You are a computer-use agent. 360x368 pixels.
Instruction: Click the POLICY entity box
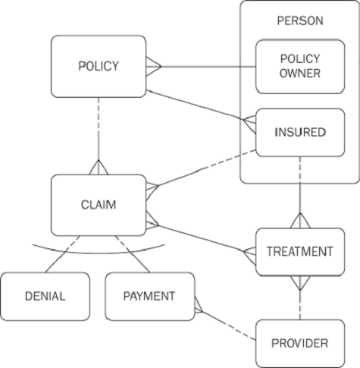click(x=99, y=66)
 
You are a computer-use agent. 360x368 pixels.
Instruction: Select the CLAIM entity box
click(x=99, y=205)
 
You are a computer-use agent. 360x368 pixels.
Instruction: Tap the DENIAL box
click(x=45, y=297)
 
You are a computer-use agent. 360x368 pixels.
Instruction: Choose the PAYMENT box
click(x=150, y=297)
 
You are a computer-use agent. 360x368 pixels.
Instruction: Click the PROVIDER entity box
click(x=300, y=344)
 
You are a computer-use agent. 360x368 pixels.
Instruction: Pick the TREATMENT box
click(x=300, y=252)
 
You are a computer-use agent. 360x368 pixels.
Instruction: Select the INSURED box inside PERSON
click(x=300, y=133)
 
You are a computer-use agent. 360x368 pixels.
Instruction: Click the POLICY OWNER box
click(x=300, y=67)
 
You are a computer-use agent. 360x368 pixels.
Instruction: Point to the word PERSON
click(x=300, y=20)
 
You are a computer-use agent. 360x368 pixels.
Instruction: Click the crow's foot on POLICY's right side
click(x=153, y=67)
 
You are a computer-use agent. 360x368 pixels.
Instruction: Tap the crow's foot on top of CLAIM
click(x=99, y=167)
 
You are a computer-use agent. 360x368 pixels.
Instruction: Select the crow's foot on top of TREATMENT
click(x=300, y=221)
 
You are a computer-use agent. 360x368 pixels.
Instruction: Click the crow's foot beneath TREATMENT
click(x=300, y=282)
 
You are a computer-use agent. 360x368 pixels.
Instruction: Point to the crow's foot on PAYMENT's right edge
click(x=199, y=305)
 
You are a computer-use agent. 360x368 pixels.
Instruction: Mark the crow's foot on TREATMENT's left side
click(x=249, y=256)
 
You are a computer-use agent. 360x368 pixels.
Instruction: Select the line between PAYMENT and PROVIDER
click(x=229, y=326)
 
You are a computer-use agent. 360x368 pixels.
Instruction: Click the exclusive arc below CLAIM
click(x=99, y=253)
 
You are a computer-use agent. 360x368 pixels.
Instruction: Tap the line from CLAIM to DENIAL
click(x=63, y=254)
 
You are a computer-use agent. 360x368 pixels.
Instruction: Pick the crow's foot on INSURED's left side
click(x=249, y=124)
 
